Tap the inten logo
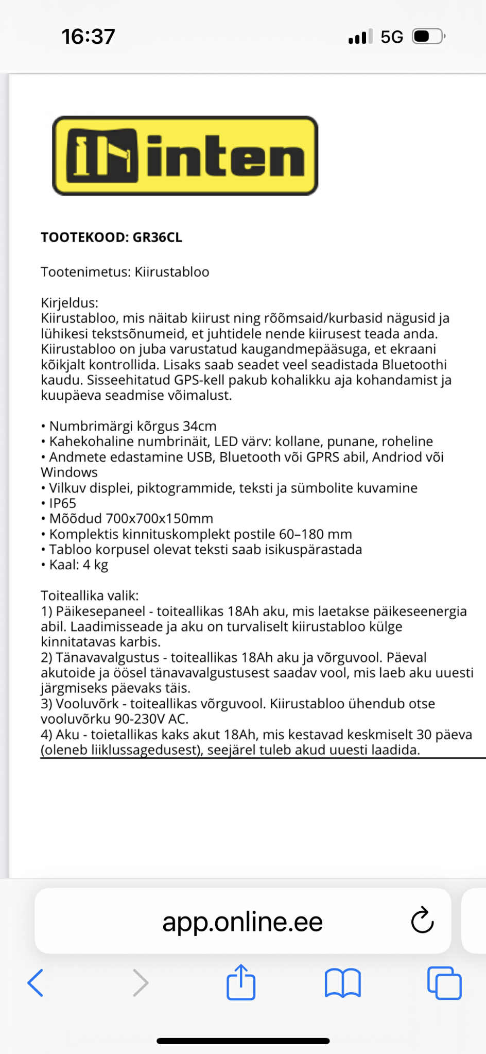pos(185,156)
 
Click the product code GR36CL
pos(157,237)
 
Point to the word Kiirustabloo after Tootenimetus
pos(172,272)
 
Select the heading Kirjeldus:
pos(70,303)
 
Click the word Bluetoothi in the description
pos(414,365)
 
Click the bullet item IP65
pos(62,503)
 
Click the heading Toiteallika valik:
pos(90,596)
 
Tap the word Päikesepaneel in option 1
pos(100,611)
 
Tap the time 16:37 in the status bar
pos(88,37)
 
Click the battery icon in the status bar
pos(428,37)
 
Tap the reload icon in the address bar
pos(422,920)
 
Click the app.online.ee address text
pos(242,921)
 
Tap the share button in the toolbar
pos(241,983)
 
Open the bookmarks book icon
pos(342,983)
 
